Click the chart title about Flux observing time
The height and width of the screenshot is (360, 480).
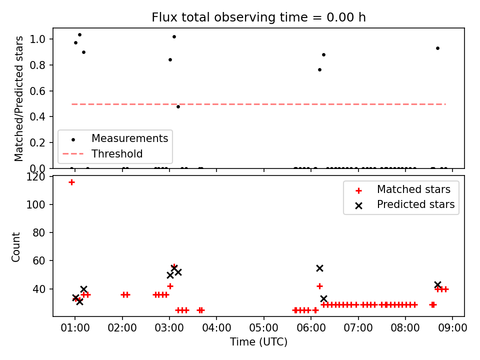[258, 17]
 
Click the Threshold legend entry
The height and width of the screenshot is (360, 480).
[102, 153]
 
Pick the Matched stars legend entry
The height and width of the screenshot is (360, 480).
[403, 190]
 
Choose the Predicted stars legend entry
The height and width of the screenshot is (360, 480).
[404, 205]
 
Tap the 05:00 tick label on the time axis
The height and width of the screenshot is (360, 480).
[264, 327]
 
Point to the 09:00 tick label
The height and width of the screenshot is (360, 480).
[452, 327]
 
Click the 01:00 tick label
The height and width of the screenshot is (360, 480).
[75, 327]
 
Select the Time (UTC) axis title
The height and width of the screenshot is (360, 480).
[258, 341]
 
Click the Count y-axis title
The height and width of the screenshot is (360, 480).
[16, 247]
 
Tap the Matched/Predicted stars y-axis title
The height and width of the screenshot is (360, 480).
[18, 98]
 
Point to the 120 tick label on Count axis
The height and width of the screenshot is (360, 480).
[35, 176]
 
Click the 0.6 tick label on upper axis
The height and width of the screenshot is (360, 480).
[37, 91]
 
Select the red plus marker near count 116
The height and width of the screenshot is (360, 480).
[71, 182]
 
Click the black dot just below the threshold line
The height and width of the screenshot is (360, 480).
[178, 107]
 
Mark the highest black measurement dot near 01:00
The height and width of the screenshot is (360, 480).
[79, 35]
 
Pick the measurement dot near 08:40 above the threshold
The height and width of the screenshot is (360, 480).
[438, 48]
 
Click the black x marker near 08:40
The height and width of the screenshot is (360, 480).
[438, 284]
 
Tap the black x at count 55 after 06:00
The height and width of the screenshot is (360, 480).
[319, 268]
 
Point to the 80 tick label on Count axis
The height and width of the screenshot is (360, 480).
[38, 233]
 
